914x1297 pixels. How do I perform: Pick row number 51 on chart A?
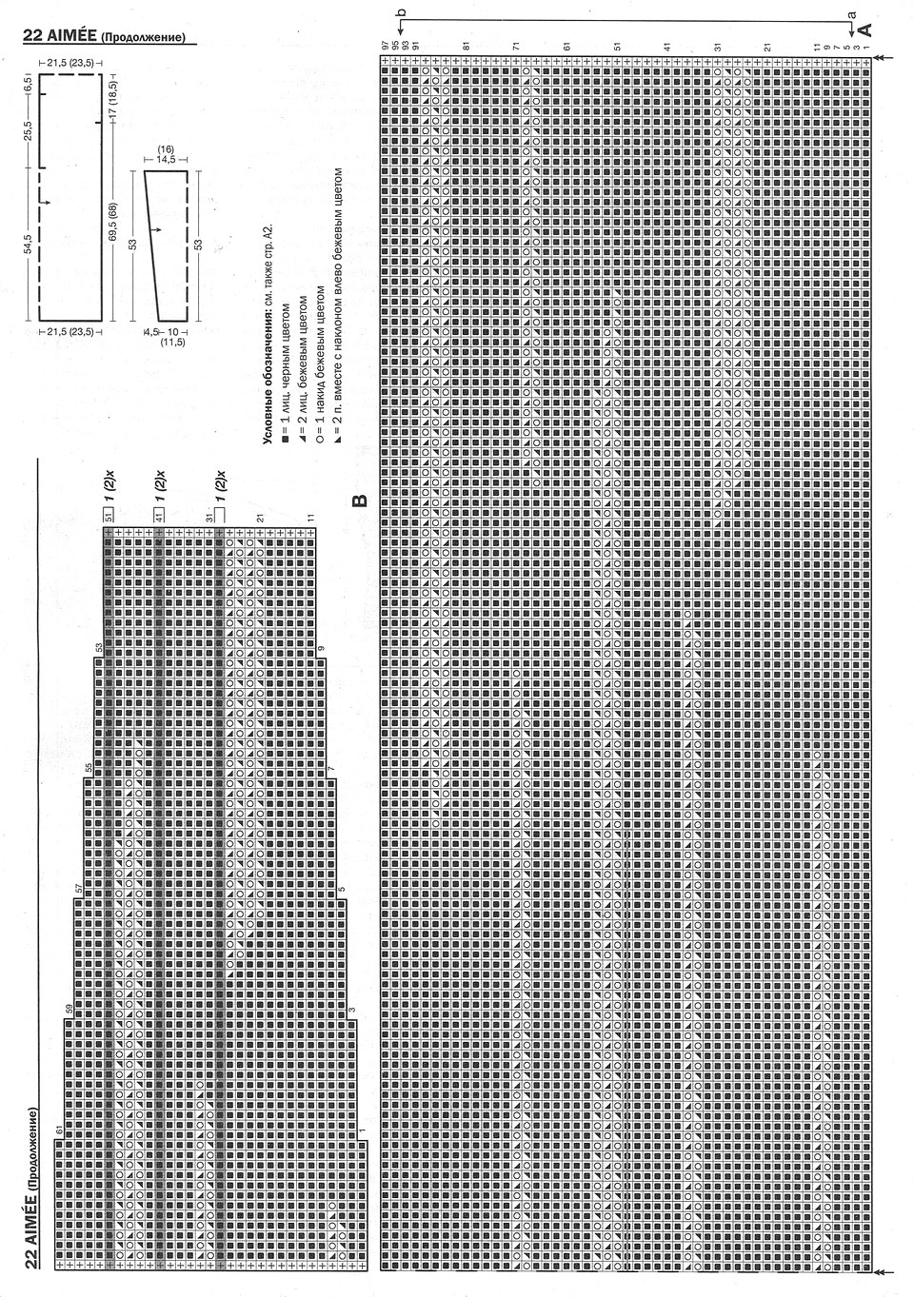[x=617, y=45]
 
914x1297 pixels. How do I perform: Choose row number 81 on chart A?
[x=467, y=45]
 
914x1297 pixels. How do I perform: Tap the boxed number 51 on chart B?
[x=109, y=516]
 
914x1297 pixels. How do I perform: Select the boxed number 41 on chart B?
[x=159, y=516]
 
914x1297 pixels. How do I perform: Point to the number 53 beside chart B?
[x=98, y=647]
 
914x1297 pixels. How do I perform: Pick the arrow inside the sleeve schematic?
[x=158, y=231]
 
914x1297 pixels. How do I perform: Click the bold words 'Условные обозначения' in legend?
[x=268, y=384]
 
